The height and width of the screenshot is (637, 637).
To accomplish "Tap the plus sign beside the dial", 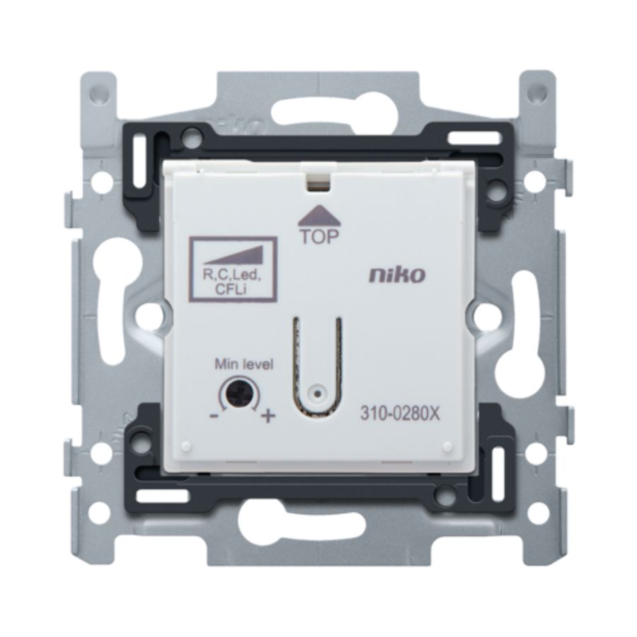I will [x=267, y=416].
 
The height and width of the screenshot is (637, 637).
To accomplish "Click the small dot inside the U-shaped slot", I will [x=319, y=390].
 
